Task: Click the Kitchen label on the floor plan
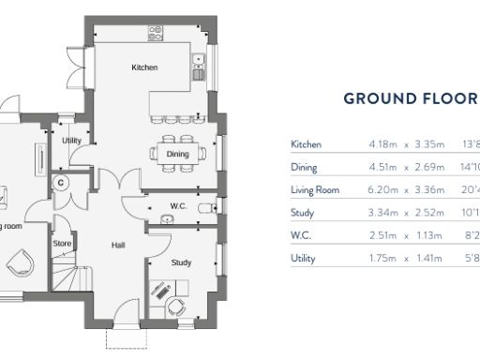(x=144, y=67)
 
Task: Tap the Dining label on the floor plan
(x=177, y=154)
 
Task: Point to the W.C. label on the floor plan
(x=179, y=205)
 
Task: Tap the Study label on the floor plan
(x=181, y=263)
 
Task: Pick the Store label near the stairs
(x=62, y=244)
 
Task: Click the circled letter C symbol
(x=60, y=182)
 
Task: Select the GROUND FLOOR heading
(x=411, y=98)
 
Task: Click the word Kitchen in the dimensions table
(x=307, y=144)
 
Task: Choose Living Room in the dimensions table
(x=315, y=190)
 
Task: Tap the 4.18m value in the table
(x=384, y=144)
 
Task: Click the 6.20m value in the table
(x=384, y=190)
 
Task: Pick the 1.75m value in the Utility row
(x=384, y=258)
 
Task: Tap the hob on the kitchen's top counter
(x=155, y=34)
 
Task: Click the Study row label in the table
(x=303, y=213)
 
